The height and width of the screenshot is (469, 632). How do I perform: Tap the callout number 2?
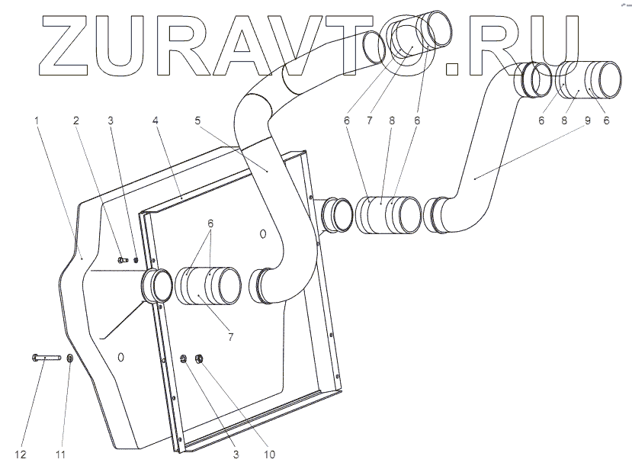(x=76, y=120)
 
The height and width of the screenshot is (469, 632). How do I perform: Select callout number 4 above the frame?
(x=155, y=120)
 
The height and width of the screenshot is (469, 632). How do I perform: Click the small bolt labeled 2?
(x=123, y=261)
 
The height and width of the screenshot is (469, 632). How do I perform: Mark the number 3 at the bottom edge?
(x=236, y=455)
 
